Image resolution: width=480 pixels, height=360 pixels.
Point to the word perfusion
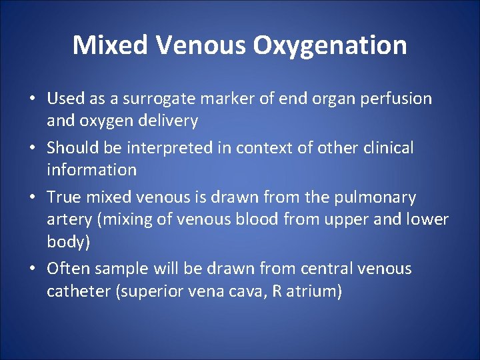tap(397, 99)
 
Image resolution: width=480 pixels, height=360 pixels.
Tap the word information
tap(91, 169)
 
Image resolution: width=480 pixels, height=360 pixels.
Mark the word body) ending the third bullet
tap(68, 241)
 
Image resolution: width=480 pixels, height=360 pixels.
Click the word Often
tap(67, 269)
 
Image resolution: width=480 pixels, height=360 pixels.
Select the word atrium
tap(316, 291)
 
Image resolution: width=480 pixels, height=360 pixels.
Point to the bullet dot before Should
tap(33, 148)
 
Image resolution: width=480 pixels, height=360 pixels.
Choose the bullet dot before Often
tap(33, 269)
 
